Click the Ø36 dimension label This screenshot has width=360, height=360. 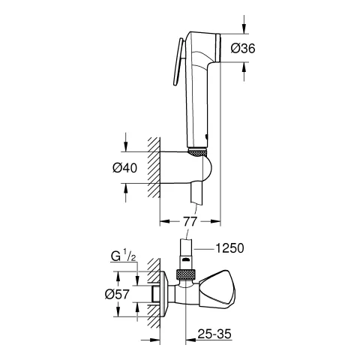[x=241, y=48]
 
